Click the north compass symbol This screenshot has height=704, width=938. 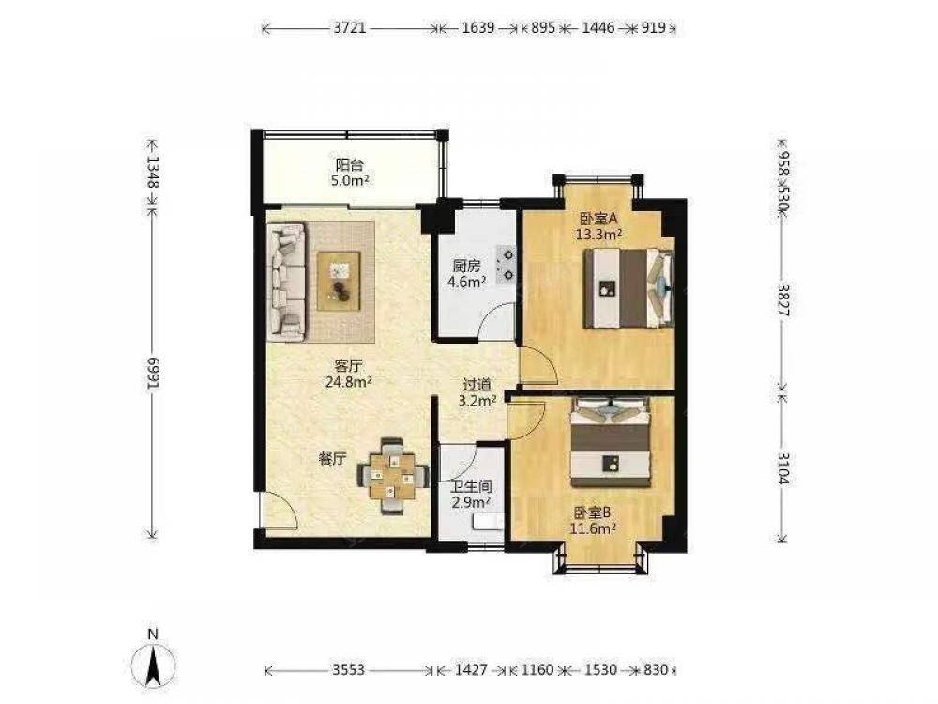pyautogui.click(x=154, y=662)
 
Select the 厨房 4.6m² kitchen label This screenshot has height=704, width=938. pyautogui.click(x=466, y=273)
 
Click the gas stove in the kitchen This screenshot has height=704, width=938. pyautogui.click(x=507, y=265)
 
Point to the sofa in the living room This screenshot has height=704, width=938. pyautogui.click(x=287, y=282)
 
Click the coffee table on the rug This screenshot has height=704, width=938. pyautogui.click(x=339, y=281)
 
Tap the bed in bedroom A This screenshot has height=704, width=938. pyautogui.click(x=628, y=288)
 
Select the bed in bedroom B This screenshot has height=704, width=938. pyautogui.click(x=611, y=443)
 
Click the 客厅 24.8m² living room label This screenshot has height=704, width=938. pyautogui.click(x=349, y=374)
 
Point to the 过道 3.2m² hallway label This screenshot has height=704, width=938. pyautogui.click(x=477, y=392)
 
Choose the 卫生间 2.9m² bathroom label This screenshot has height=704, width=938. pyautogui.click(x=472, y=495)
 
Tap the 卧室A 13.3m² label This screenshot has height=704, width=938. pyautogui.click(x=598, y=226)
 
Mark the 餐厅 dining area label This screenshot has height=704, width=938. pyautogui.click(x=332, y=460)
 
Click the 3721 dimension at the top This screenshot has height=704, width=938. pyautogui.click(x=349, y=28)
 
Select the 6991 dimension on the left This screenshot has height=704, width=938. pyautogui.click(x=153, y=373)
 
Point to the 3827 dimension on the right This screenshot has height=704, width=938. pyautogui.click(x=782, y=300)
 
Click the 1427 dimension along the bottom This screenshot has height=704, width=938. pyautogui.click(x=471, y=669)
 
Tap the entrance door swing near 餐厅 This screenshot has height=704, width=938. pyautogui.click(x=280, y=511)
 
